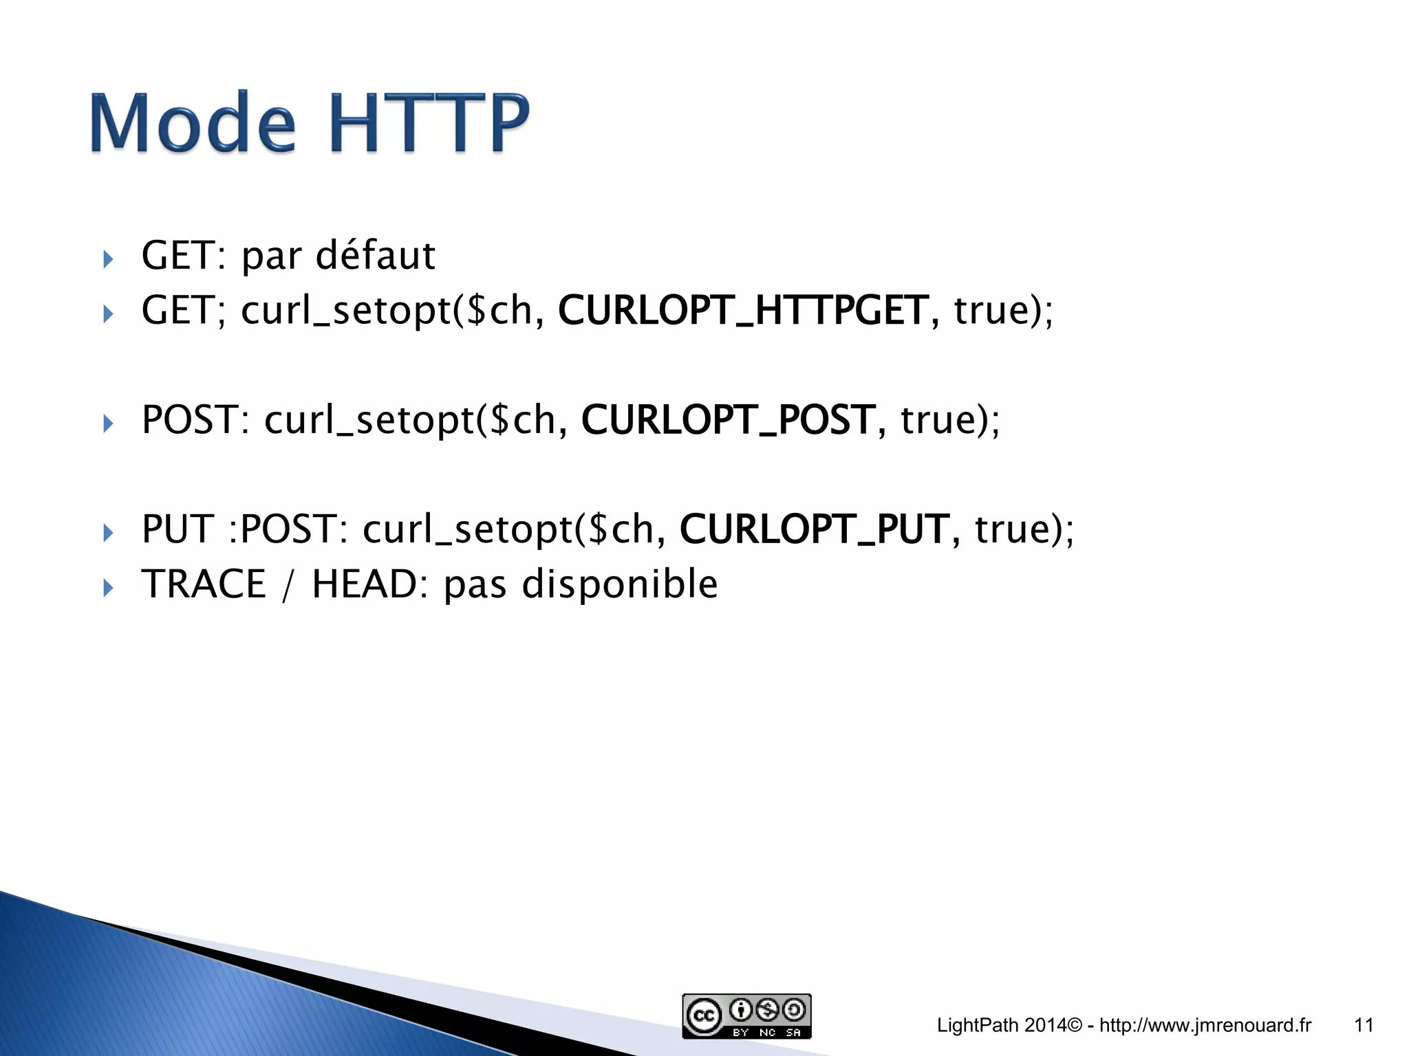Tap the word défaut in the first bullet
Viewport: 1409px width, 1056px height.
coord(375,256)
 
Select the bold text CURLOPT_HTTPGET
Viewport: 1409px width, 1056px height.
coord(743,311)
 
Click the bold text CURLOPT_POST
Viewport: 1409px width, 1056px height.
coord(728,420)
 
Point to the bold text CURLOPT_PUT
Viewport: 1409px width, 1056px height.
coord(814,529)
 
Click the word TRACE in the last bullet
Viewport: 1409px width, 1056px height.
coord(204,584)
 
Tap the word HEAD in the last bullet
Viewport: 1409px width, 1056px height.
coord(364,584)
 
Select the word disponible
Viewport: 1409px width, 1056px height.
coord(619,584)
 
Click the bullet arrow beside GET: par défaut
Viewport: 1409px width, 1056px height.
coord(108,260)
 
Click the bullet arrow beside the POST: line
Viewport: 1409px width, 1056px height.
coord(108,423)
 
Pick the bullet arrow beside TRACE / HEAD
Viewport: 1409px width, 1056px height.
coord(108,588)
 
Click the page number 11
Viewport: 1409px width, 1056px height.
coord(1364,1025)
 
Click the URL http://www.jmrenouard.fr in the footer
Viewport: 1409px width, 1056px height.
coord(1205,1025)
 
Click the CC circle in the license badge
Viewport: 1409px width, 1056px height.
coord(703,1016)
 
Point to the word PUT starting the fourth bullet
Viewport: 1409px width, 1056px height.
coord(177,529)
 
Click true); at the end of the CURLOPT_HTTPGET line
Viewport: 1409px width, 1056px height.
coord(1003,311)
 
